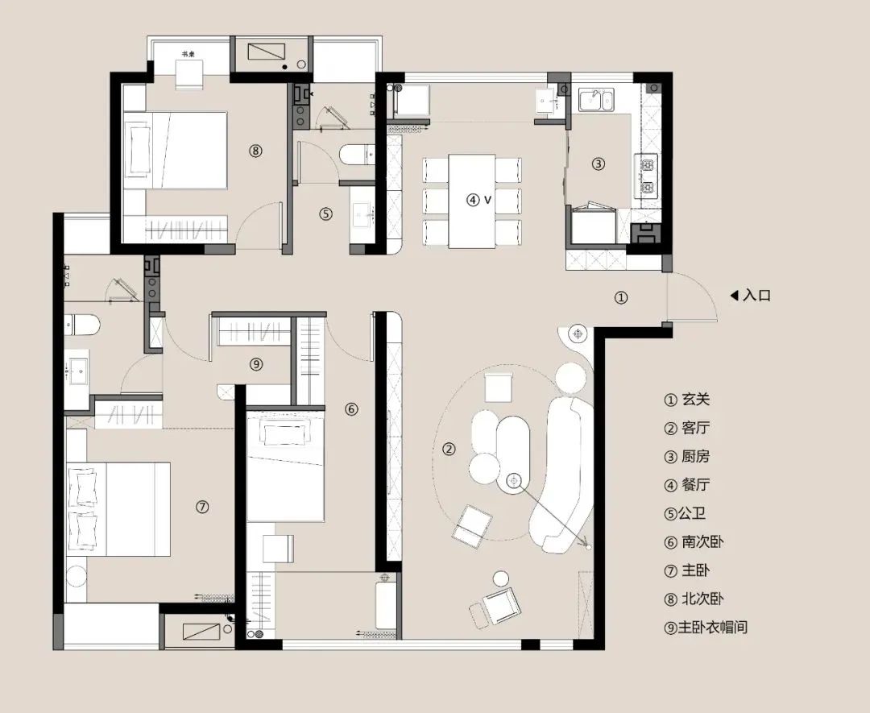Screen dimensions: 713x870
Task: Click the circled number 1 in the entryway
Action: click(x=621, y=297)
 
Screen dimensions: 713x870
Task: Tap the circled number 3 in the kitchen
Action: click(x=598, y=164)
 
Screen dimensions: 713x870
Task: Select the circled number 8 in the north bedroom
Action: click(x=255, y=150)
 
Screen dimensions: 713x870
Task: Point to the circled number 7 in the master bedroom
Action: click(x=202, y=507)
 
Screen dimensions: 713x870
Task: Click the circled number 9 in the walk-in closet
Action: click(x=256, y=364)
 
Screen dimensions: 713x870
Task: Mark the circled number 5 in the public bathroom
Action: click(x=325, y=214)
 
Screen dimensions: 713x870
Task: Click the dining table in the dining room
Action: click(x=472, y=201)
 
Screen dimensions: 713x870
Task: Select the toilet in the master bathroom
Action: click(x=83, y=324)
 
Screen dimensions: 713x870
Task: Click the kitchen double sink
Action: click(x=597, y=100)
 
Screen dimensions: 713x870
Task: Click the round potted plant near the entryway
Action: click(x=578, y=332)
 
